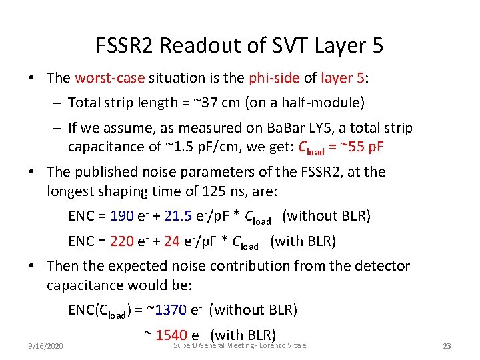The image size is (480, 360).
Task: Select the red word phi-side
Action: point(273,78)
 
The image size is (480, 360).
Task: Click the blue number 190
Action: point(122,216)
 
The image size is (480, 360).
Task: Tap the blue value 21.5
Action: point(177,216)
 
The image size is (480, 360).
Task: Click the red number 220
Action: point(122,241)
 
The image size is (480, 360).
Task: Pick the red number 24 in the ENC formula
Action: point(171,241)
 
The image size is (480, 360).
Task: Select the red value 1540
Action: point(171,335)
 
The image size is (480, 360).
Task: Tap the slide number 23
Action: point(447,347)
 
